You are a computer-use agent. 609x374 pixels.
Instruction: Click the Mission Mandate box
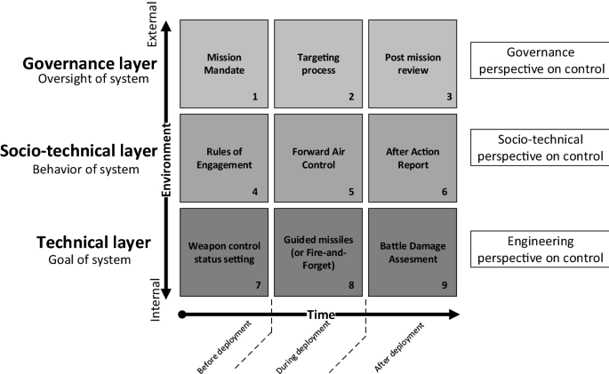click(224, 62)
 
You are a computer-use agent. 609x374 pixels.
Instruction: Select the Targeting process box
click(317, 62)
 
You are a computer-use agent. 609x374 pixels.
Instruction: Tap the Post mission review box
click(413, 62)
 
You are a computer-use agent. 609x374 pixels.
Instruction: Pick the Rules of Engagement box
click(224, 157)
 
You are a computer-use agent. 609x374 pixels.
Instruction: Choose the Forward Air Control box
click(317, 157)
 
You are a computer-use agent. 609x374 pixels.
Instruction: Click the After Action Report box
click(413, 157)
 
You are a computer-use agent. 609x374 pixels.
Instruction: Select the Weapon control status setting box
click(224, 251)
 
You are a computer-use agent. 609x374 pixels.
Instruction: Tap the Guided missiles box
click(317, 251)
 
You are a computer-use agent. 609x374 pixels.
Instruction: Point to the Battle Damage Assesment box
click(413, 251)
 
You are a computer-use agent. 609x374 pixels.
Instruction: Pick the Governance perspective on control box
click(535, 61)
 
